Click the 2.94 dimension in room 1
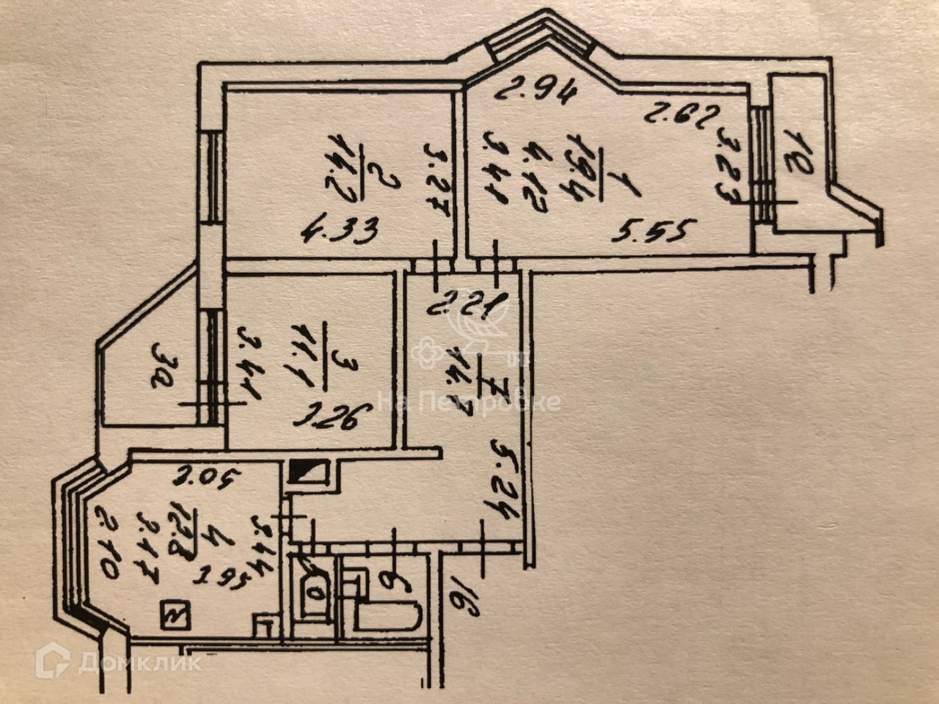(535, 92)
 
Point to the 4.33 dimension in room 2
(339, 231)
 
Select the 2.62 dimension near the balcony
(674, 114)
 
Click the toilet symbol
(315, 587)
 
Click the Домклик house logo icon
(53, 661)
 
